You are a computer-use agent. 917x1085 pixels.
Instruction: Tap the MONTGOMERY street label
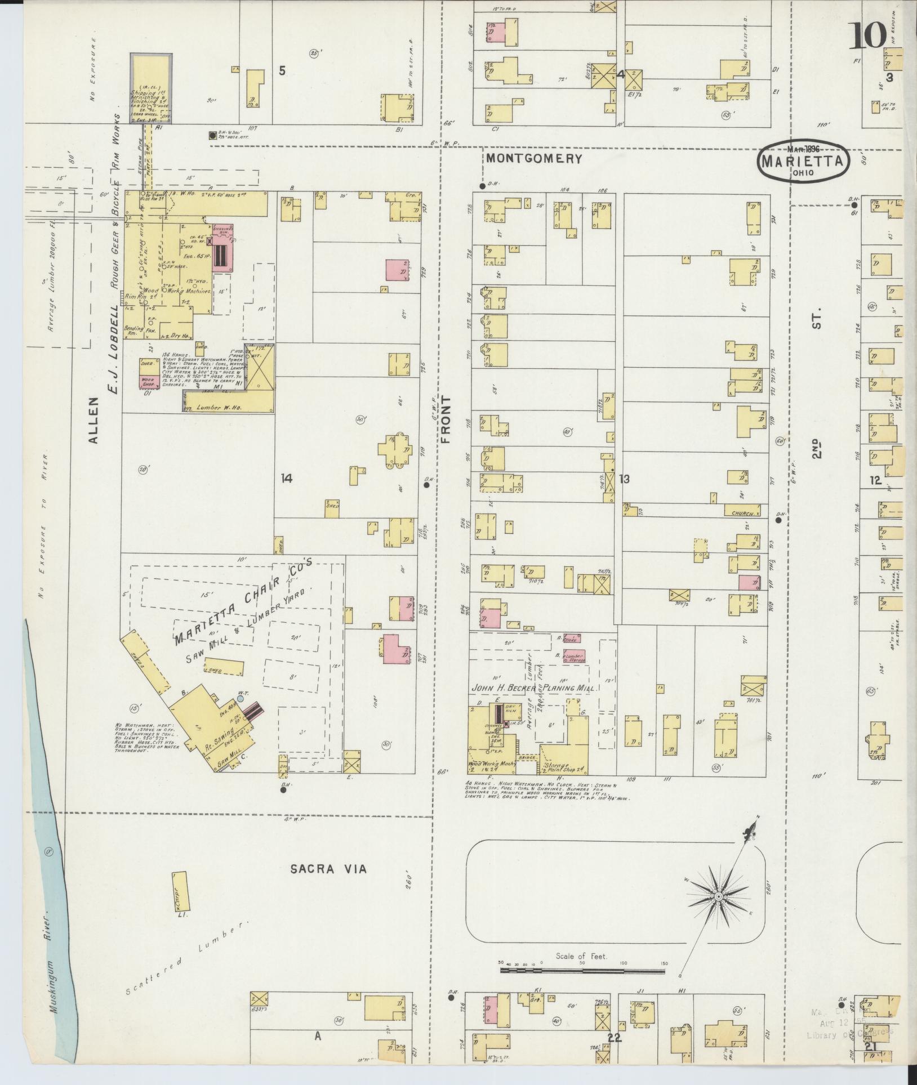point(533,158)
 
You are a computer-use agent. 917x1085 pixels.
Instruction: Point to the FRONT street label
point(447,419)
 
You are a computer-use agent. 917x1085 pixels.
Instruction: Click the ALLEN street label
point(94,420)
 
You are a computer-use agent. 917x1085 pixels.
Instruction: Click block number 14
point(286,479)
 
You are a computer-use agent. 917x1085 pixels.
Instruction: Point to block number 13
point(624,479)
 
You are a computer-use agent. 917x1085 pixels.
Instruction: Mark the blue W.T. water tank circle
point(241,698)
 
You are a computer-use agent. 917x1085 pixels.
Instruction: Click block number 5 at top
point(282,71)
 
